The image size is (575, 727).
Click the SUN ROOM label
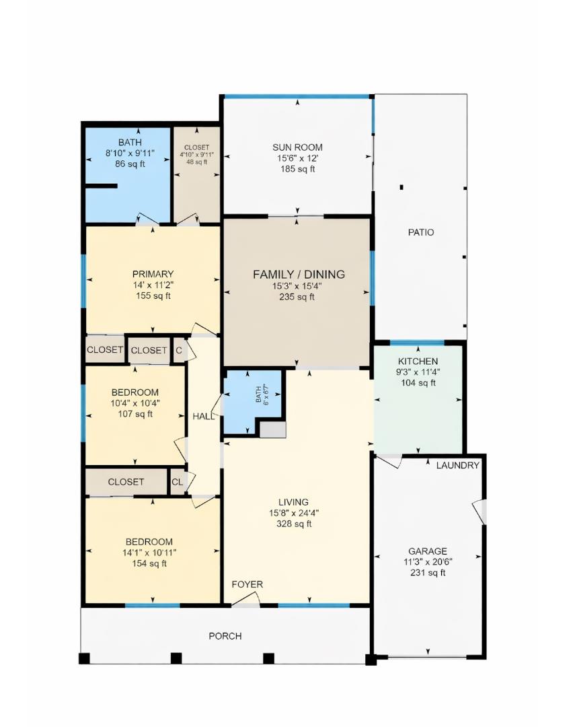pos(297,147)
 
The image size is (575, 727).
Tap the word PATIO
pos(421,232)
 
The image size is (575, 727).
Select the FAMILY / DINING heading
pos(299,274)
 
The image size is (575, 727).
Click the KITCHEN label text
pos(418,361)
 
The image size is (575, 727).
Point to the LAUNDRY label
pos(457,465)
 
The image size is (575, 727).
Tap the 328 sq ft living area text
pos(294,524)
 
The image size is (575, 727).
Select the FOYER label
pos(247,584)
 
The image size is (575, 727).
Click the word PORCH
pos(225,636)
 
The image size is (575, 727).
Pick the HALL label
pos(203,417)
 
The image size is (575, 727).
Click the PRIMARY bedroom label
pos(153,274)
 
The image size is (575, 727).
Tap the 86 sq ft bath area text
pos(130,164)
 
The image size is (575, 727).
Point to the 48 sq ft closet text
pos(196,162)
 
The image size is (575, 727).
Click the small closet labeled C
pos(179,350)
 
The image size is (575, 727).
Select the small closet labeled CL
pos(177,482)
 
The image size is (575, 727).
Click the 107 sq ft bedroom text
pos(135,414)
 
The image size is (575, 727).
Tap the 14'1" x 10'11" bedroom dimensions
pos(149,553)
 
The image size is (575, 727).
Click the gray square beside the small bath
pos(272,429)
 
